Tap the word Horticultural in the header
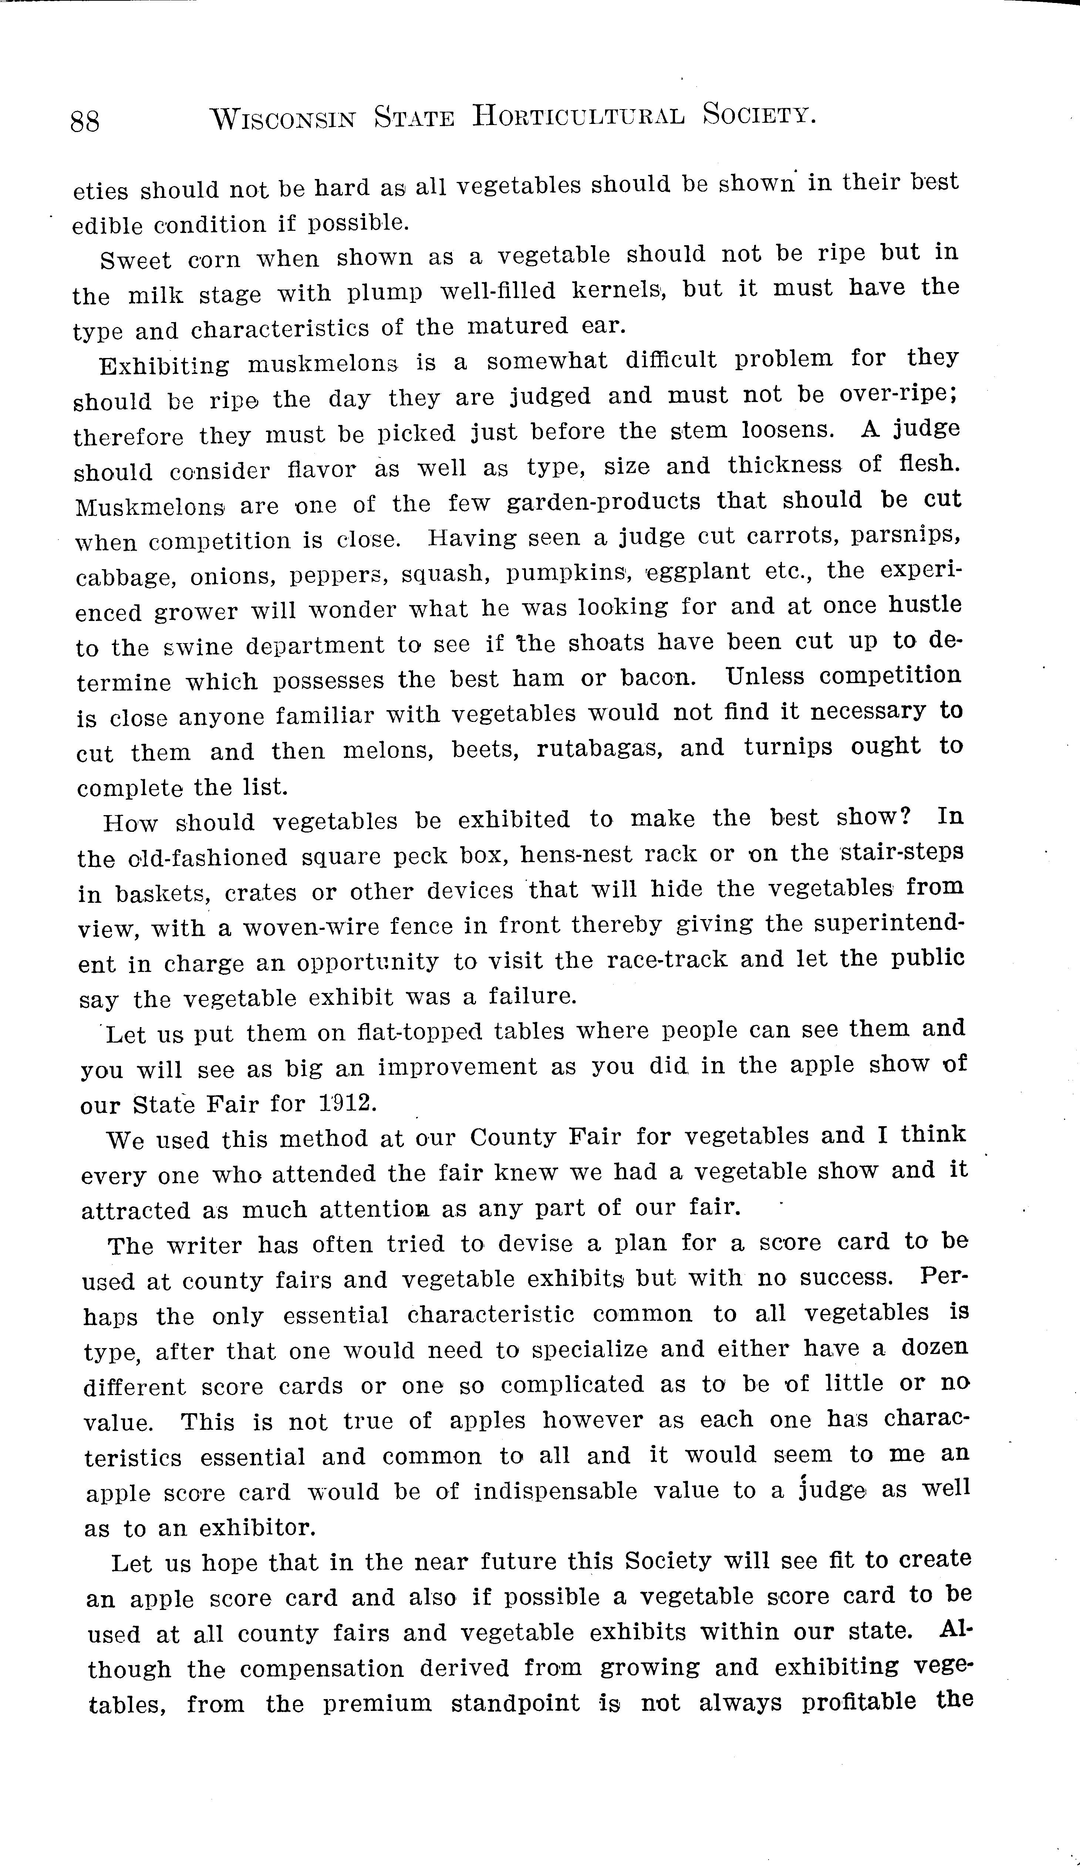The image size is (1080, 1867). click(x=578, y=116)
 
